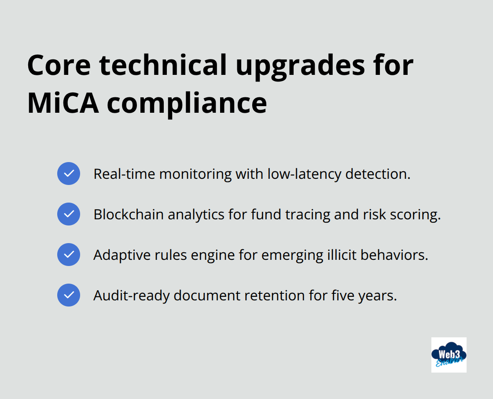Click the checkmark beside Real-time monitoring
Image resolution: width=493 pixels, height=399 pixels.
pyautogui.click(x=69, y=174)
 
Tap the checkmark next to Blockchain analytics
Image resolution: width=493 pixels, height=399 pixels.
pyautogui.click(x=69, y=214)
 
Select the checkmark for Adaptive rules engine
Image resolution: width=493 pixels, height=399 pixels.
pyautogui.click(x=69, y=255)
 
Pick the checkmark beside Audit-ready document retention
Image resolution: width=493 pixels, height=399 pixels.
pyautogui.click(x=69, y=295)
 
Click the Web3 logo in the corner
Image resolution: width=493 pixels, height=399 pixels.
pyautogui.click(x=449, y=355)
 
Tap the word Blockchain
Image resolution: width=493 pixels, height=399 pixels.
pyautogui.click(x=129, y=214)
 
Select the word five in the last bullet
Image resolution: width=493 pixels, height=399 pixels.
pyautogui.click(x=341, y=296)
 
